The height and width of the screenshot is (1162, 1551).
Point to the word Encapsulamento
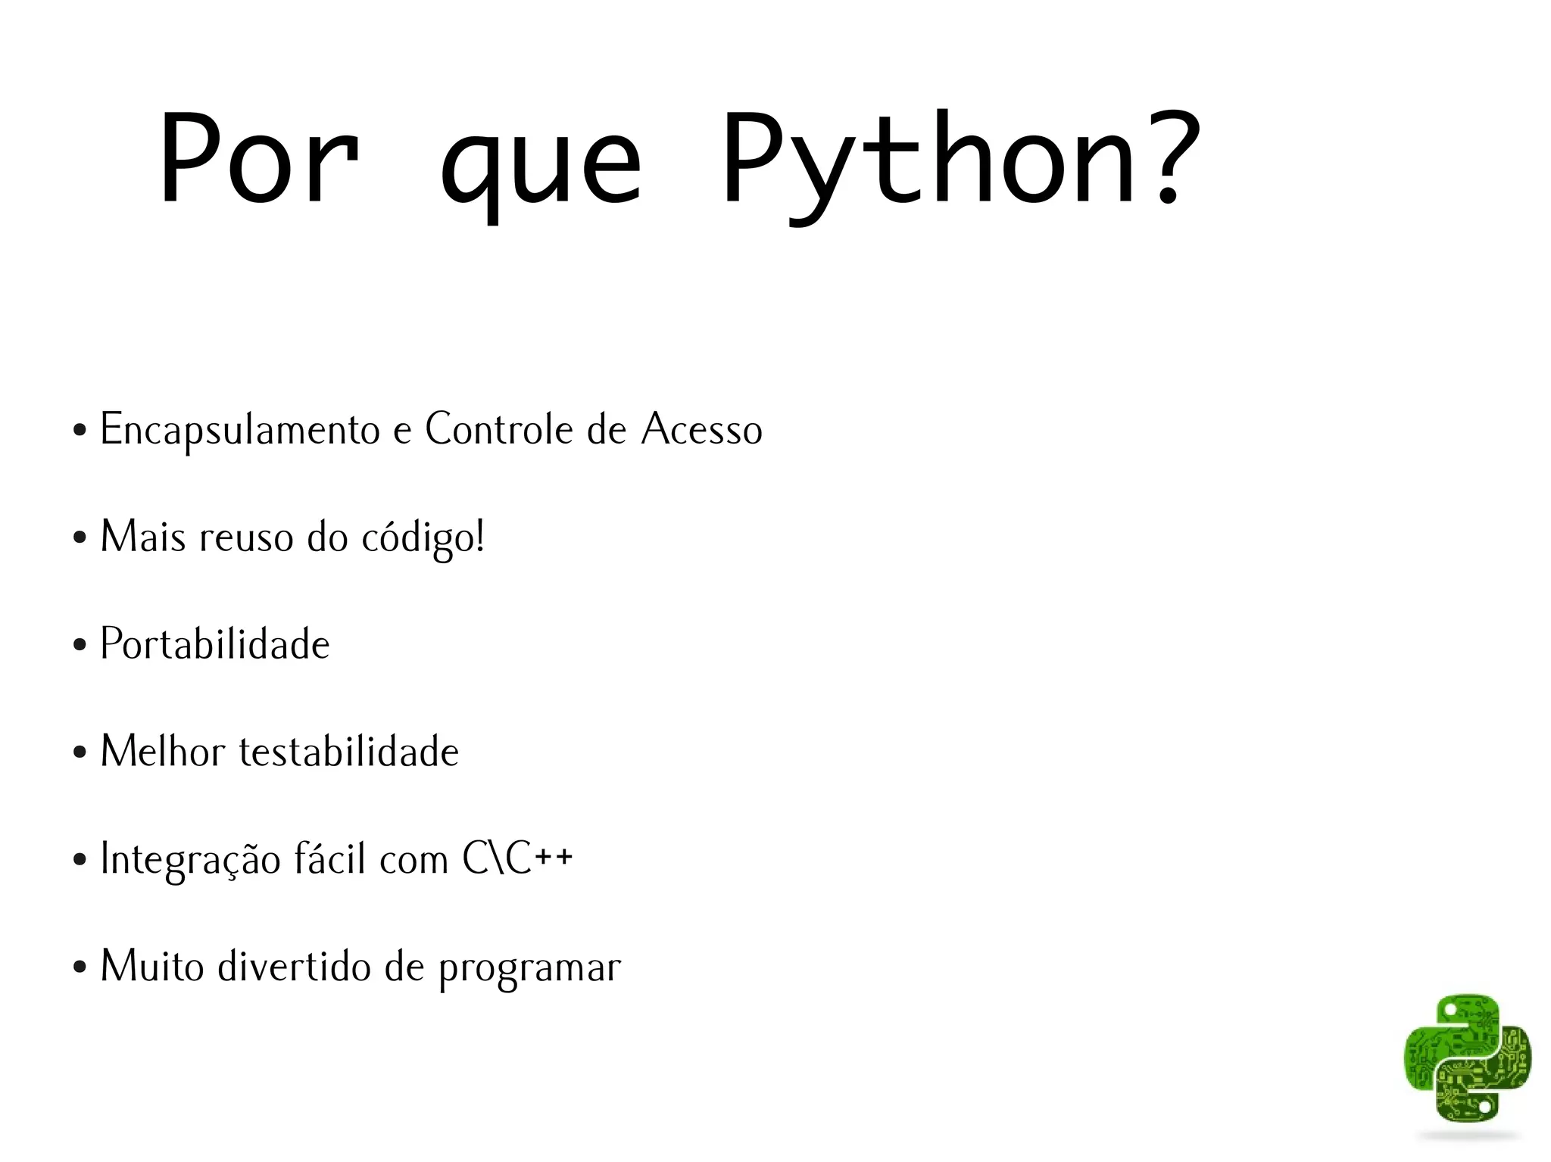[x=240, y=430]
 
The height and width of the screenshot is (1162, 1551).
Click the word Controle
[x=499, y=429]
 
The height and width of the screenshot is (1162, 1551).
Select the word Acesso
[x=701, y=429]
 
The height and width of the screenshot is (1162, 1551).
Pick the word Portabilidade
[x=215, y=644]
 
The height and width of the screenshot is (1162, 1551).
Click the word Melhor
[x=163, y=752]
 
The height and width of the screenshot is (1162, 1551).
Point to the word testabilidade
[x=349, y=752]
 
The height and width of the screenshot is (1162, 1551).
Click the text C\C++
[x=517, y=859]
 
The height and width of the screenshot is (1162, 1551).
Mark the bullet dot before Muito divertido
[x=80, y=968]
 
